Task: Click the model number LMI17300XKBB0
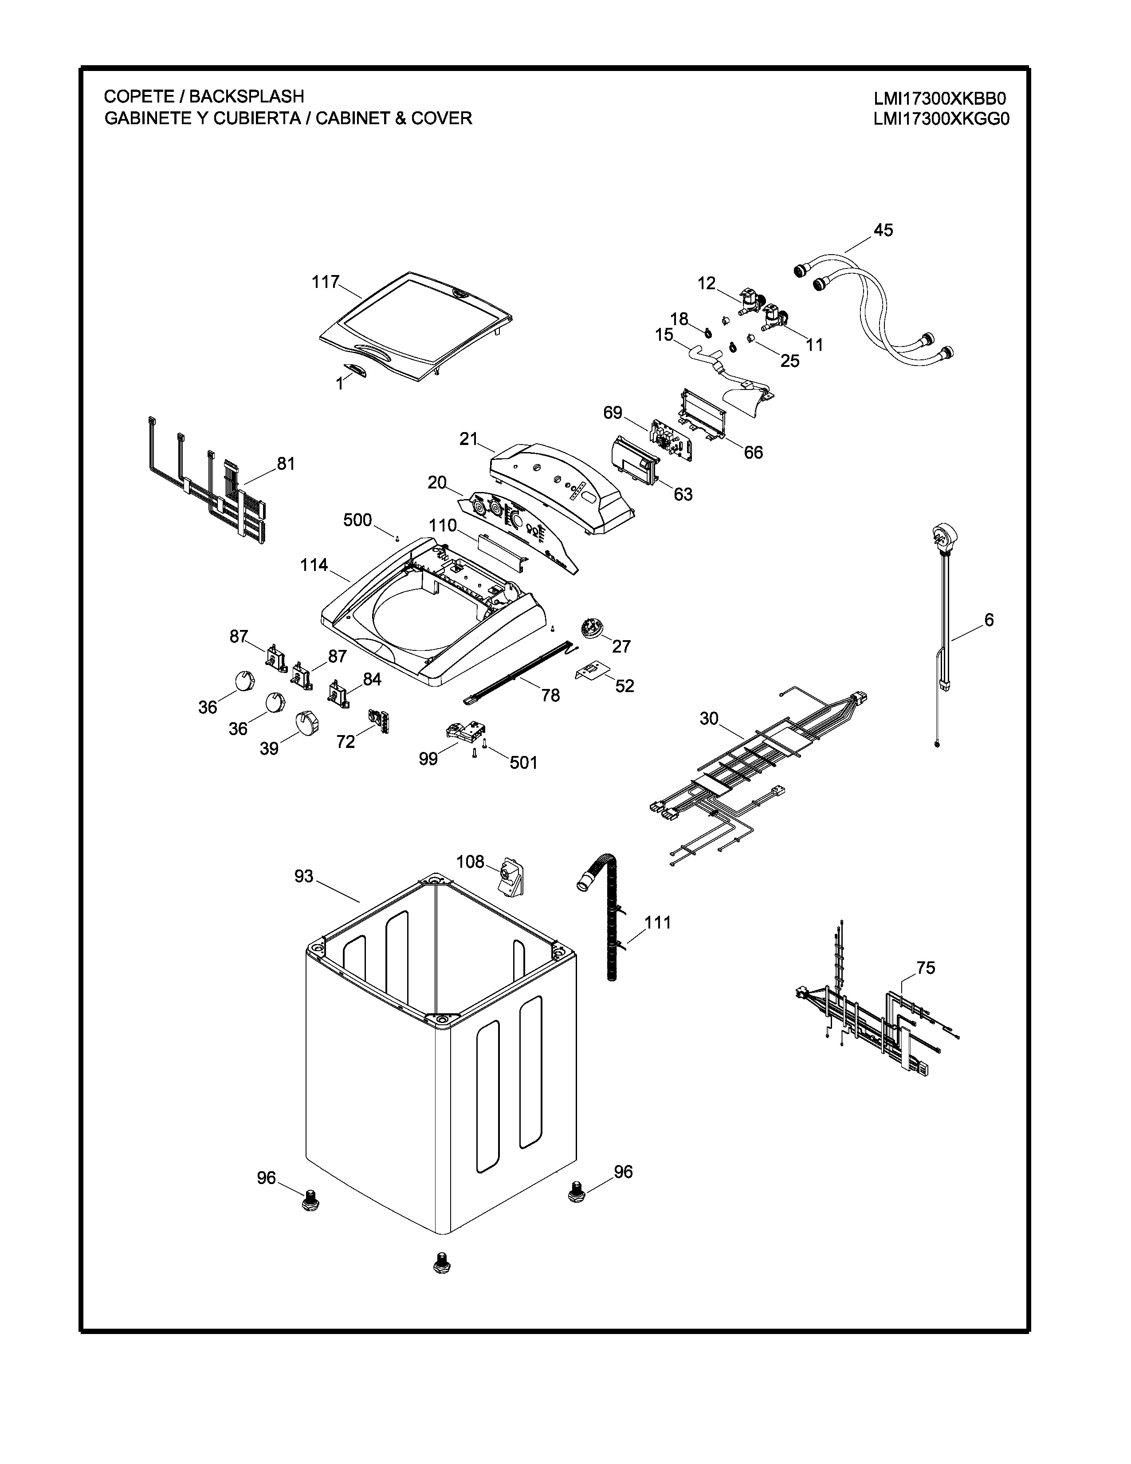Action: pyautogui.click(x=939, y=98)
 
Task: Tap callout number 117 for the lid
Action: pyautogui.click(x=326, y=282)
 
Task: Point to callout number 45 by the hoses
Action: pyautogui.click(x=883, y=230)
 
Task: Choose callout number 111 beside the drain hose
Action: pyautogui.click(x=657, y=922)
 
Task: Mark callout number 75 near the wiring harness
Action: pyautogui.click(x=925, y=968)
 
